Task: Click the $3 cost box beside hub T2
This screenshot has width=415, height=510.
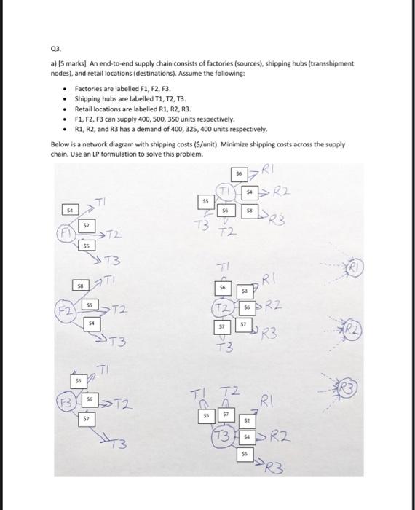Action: (x=245, y=291)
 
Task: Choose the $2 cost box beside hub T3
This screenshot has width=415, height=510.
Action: (x=247, y=422)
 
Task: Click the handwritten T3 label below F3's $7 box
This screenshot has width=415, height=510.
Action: (x=122, y=443)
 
